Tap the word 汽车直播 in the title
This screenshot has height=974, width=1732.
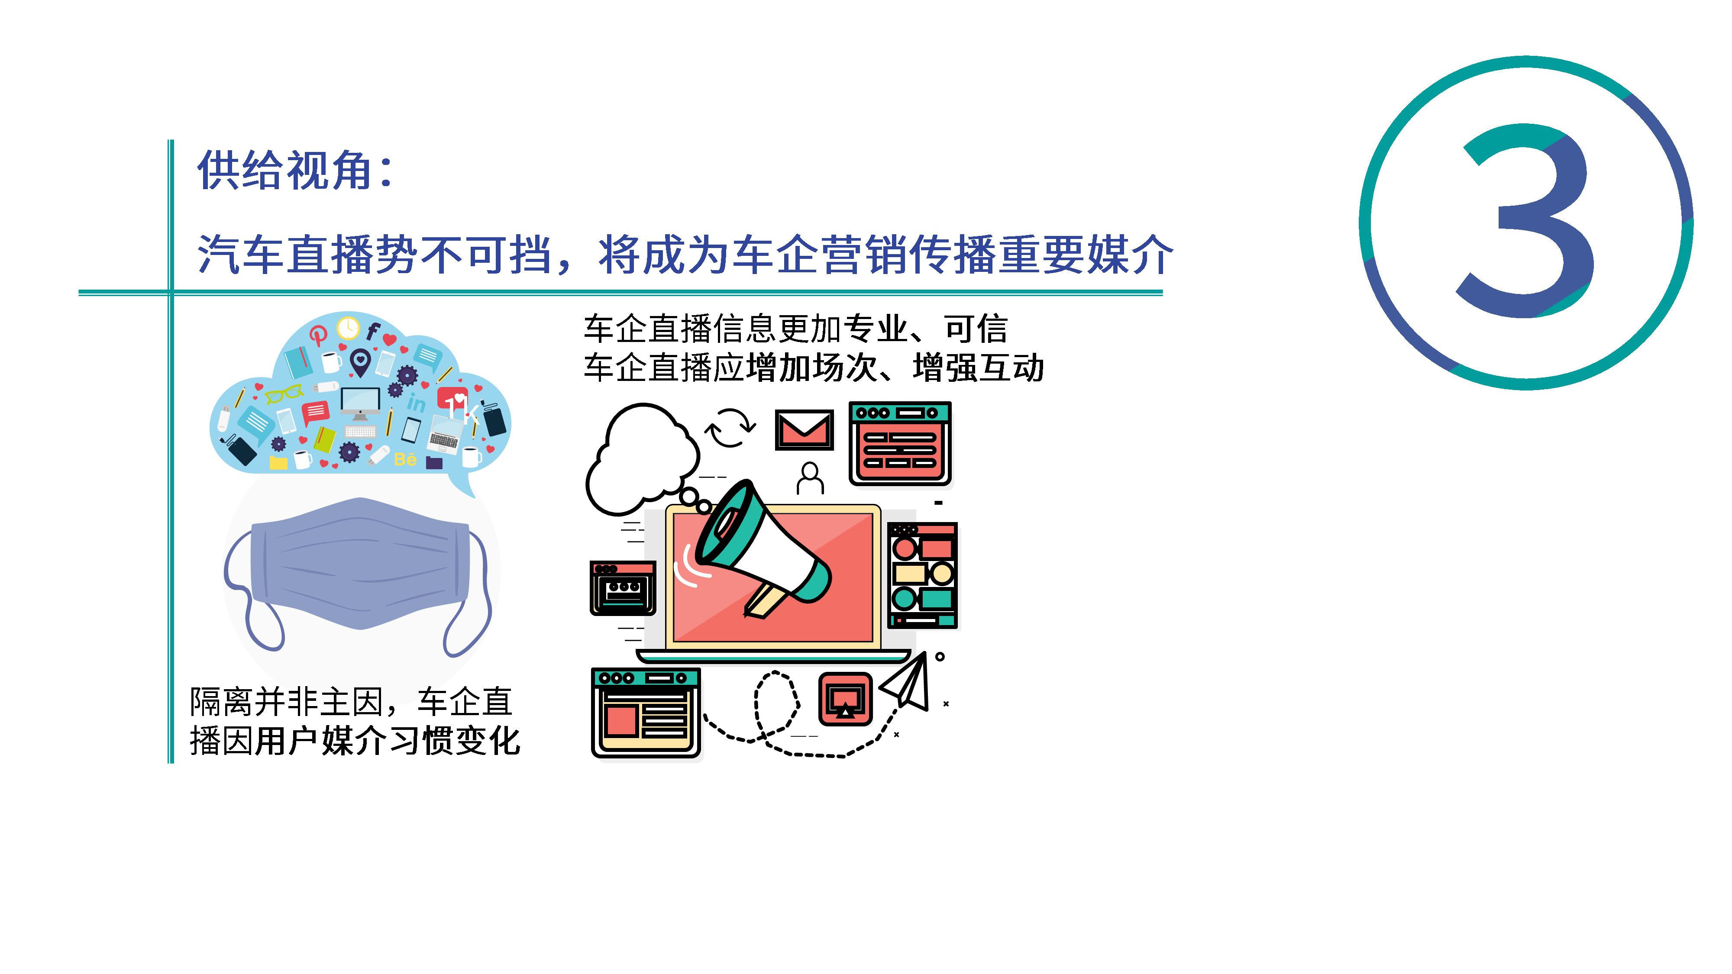point(286,254)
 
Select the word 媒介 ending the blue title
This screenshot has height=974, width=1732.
point(1130,254)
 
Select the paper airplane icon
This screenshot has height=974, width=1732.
point(905,682)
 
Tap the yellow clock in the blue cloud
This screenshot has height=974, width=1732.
point(348,328)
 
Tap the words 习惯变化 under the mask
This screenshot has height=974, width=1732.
point(455,741)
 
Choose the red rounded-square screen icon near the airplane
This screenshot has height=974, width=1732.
point(845,699)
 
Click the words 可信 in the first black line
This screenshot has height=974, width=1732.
point(976,329)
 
